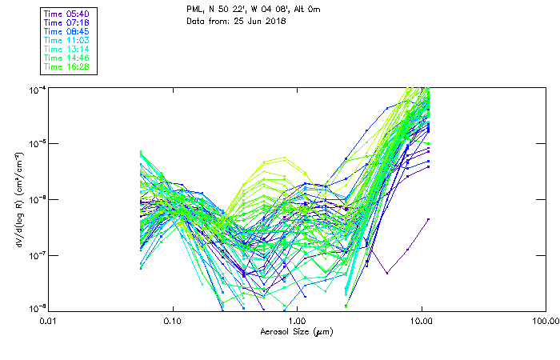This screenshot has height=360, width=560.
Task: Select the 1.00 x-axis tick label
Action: click(x=297, y=320)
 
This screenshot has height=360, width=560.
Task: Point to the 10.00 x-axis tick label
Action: click(x=422, y=320)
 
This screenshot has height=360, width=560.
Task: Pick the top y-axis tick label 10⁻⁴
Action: click(x=36, y=88)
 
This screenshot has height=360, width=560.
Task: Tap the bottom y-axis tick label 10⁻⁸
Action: click(x=36, y=308)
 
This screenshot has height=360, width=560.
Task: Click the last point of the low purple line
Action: click(x=430, y=218)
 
